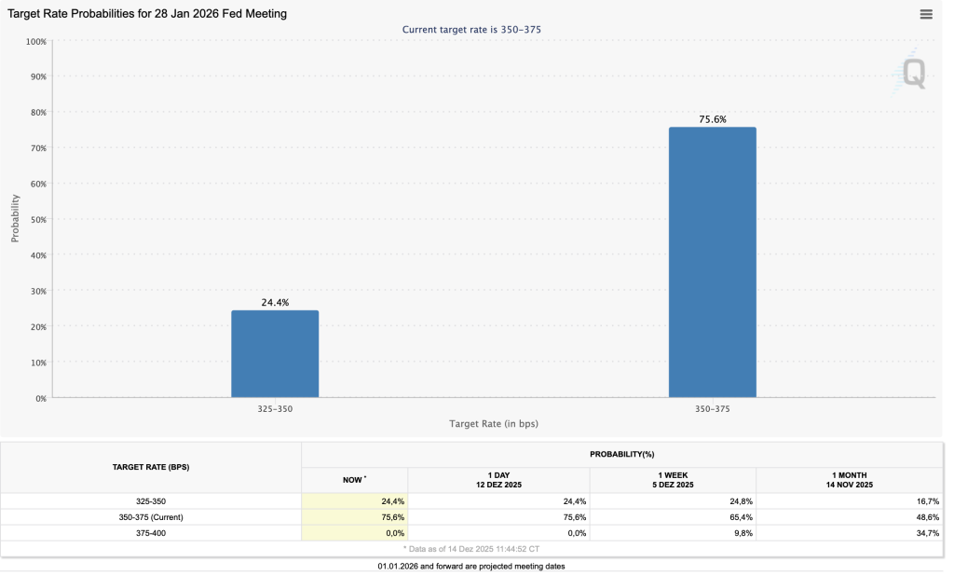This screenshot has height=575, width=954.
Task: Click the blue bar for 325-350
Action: tap(275, 354)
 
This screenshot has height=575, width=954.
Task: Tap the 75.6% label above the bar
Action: tap(713, 119)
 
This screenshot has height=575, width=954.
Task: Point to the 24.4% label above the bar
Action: tap(275, 303)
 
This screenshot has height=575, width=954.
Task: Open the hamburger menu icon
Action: tap(926, 14)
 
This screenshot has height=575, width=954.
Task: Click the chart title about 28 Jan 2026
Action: tap(147, 14)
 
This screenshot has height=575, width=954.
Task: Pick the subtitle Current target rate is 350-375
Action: tap(471, 30)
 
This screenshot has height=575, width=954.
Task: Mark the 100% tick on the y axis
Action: tap(35, 42)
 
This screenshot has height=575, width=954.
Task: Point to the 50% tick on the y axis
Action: tap(37, 220)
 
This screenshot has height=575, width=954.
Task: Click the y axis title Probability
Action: tap(15, 219)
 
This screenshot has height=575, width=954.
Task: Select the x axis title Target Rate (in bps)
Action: tap(494, 424)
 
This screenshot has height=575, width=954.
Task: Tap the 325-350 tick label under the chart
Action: tap(275, 409)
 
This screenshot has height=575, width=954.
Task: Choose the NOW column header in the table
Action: tap(354, 479)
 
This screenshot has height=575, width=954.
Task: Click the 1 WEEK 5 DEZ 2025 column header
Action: tap(674, 479)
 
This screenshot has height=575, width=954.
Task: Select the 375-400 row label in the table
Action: tap(151, 532)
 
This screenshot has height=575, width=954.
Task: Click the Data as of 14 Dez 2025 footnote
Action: tap(471, 549)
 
